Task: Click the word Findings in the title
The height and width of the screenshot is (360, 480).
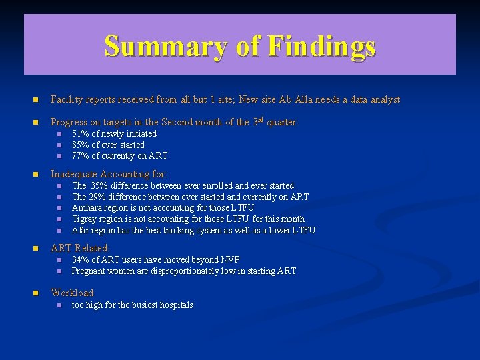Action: pyautogui.click(x=321, y=47)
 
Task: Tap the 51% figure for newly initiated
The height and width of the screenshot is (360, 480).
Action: pyautogui.click(x=81, y=134)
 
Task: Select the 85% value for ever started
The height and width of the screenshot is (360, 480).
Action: pyautogui.click(x=81, y=145)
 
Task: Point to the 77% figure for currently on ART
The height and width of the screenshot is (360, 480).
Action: pyautogui.click(x=81, y=156)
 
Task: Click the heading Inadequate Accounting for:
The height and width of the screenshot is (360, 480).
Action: pyautogui.click(x=109, y=174)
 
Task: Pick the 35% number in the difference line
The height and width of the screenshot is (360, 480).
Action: pyautogui.click(x=100, y=186)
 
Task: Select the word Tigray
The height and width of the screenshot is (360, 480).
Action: pyautogui.click(x=85, y=219)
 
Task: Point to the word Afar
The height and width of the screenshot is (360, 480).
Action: pyautogui.click(x=81, y=231)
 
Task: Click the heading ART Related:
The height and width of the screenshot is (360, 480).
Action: pyautogui.click(x=80, y=248)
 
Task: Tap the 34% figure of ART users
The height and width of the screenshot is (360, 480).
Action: pyautogui.click(x=81, y=260)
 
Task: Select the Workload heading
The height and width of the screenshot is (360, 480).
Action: pyautogui.click(x=72, y=293)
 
